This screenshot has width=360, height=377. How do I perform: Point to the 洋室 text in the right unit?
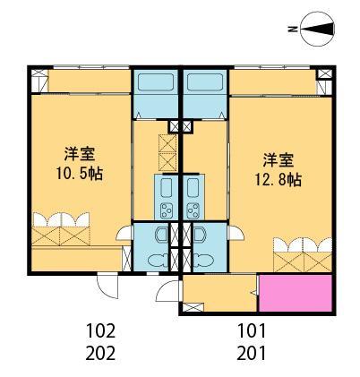pyautogui.click(x=276, y=159)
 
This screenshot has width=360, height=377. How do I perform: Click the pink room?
pyautogui.click(x=296, y=292)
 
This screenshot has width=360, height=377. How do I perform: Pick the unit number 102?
pyautogui.click(x=100, y=331)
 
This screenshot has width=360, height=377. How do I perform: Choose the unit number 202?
pyautogui.click(x=100, y=352)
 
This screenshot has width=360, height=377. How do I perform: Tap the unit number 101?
pyautogui.click(x=253, y=331)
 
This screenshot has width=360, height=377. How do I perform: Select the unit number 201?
pyautogui.click(x=253, y=352)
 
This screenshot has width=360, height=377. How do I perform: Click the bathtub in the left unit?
pyautogui.click(x=157, y=92)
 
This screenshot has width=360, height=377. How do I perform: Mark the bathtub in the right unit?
pyautogui.click(x=205, y=92)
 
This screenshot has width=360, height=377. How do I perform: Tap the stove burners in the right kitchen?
pyautogui.click(x=193, y=210)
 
